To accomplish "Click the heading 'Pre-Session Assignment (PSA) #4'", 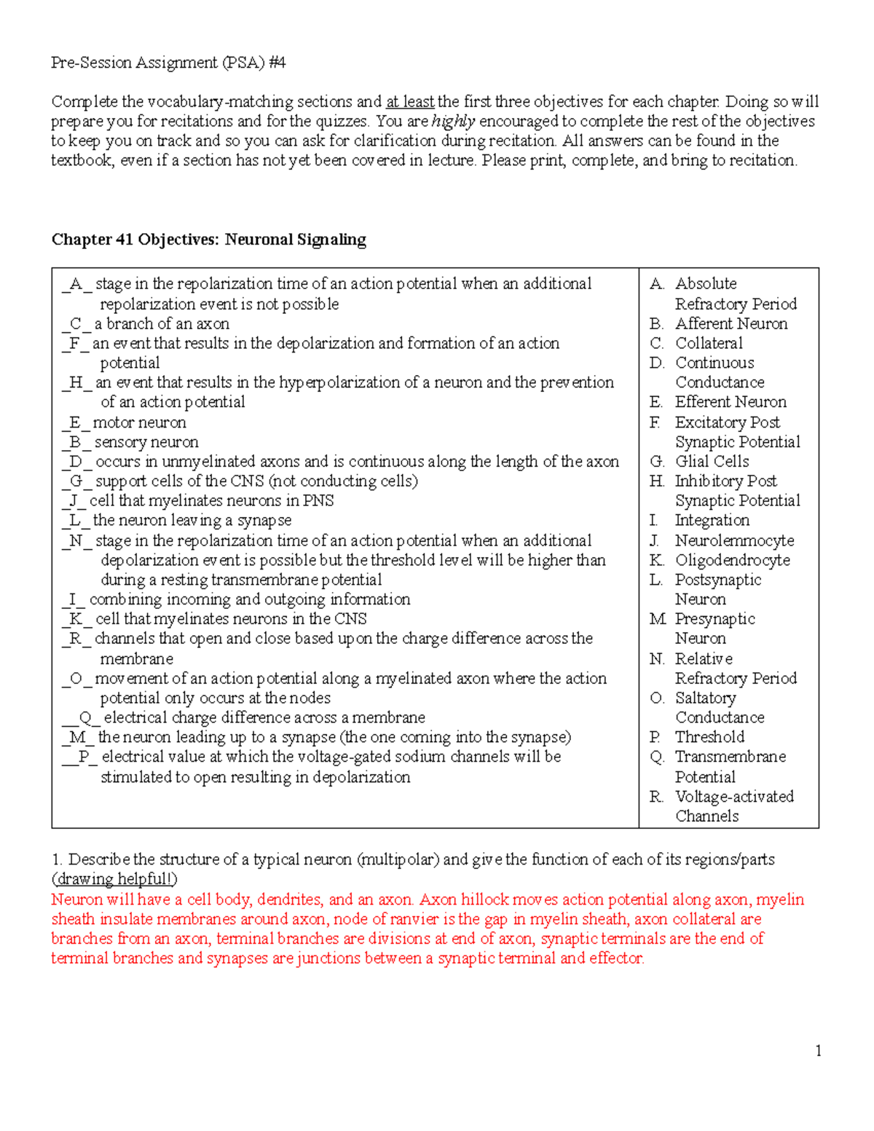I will coord(168,63).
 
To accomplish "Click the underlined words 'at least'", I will coord(410,101).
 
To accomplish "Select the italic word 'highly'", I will coord(453,121).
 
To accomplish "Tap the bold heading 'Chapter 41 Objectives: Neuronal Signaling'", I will coord(208,240).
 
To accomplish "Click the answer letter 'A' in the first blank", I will coord(76,284).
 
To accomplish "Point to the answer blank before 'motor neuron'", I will coord(76,422).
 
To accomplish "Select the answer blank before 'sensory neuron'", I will coord(76,442).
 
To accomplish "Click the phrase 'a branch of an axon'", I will coord(162,323).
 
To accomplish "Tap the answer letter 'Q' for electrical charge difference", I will coord(85,717).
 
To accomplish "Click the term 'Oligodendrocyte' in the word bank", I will coord(732,560).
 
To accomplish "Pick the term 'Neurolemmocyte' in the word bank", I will coord(734,540).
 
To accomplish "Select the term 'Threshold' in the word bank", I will coord(709,737).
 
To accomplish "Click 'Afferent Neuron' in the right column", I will coord(731,323).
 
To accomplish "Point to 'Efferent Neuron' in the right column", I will coord(731,402).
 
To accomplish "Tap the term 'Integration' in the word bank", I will coord(712,520).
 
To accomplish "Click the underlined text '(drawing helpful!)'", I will coord(114,879).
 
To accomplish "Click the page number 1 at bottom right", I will coord(819,1050).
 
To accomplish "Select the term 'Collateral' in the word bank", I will coord(709,343).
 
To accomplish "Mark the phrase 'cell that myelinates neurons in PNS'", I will coord(211,501).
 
